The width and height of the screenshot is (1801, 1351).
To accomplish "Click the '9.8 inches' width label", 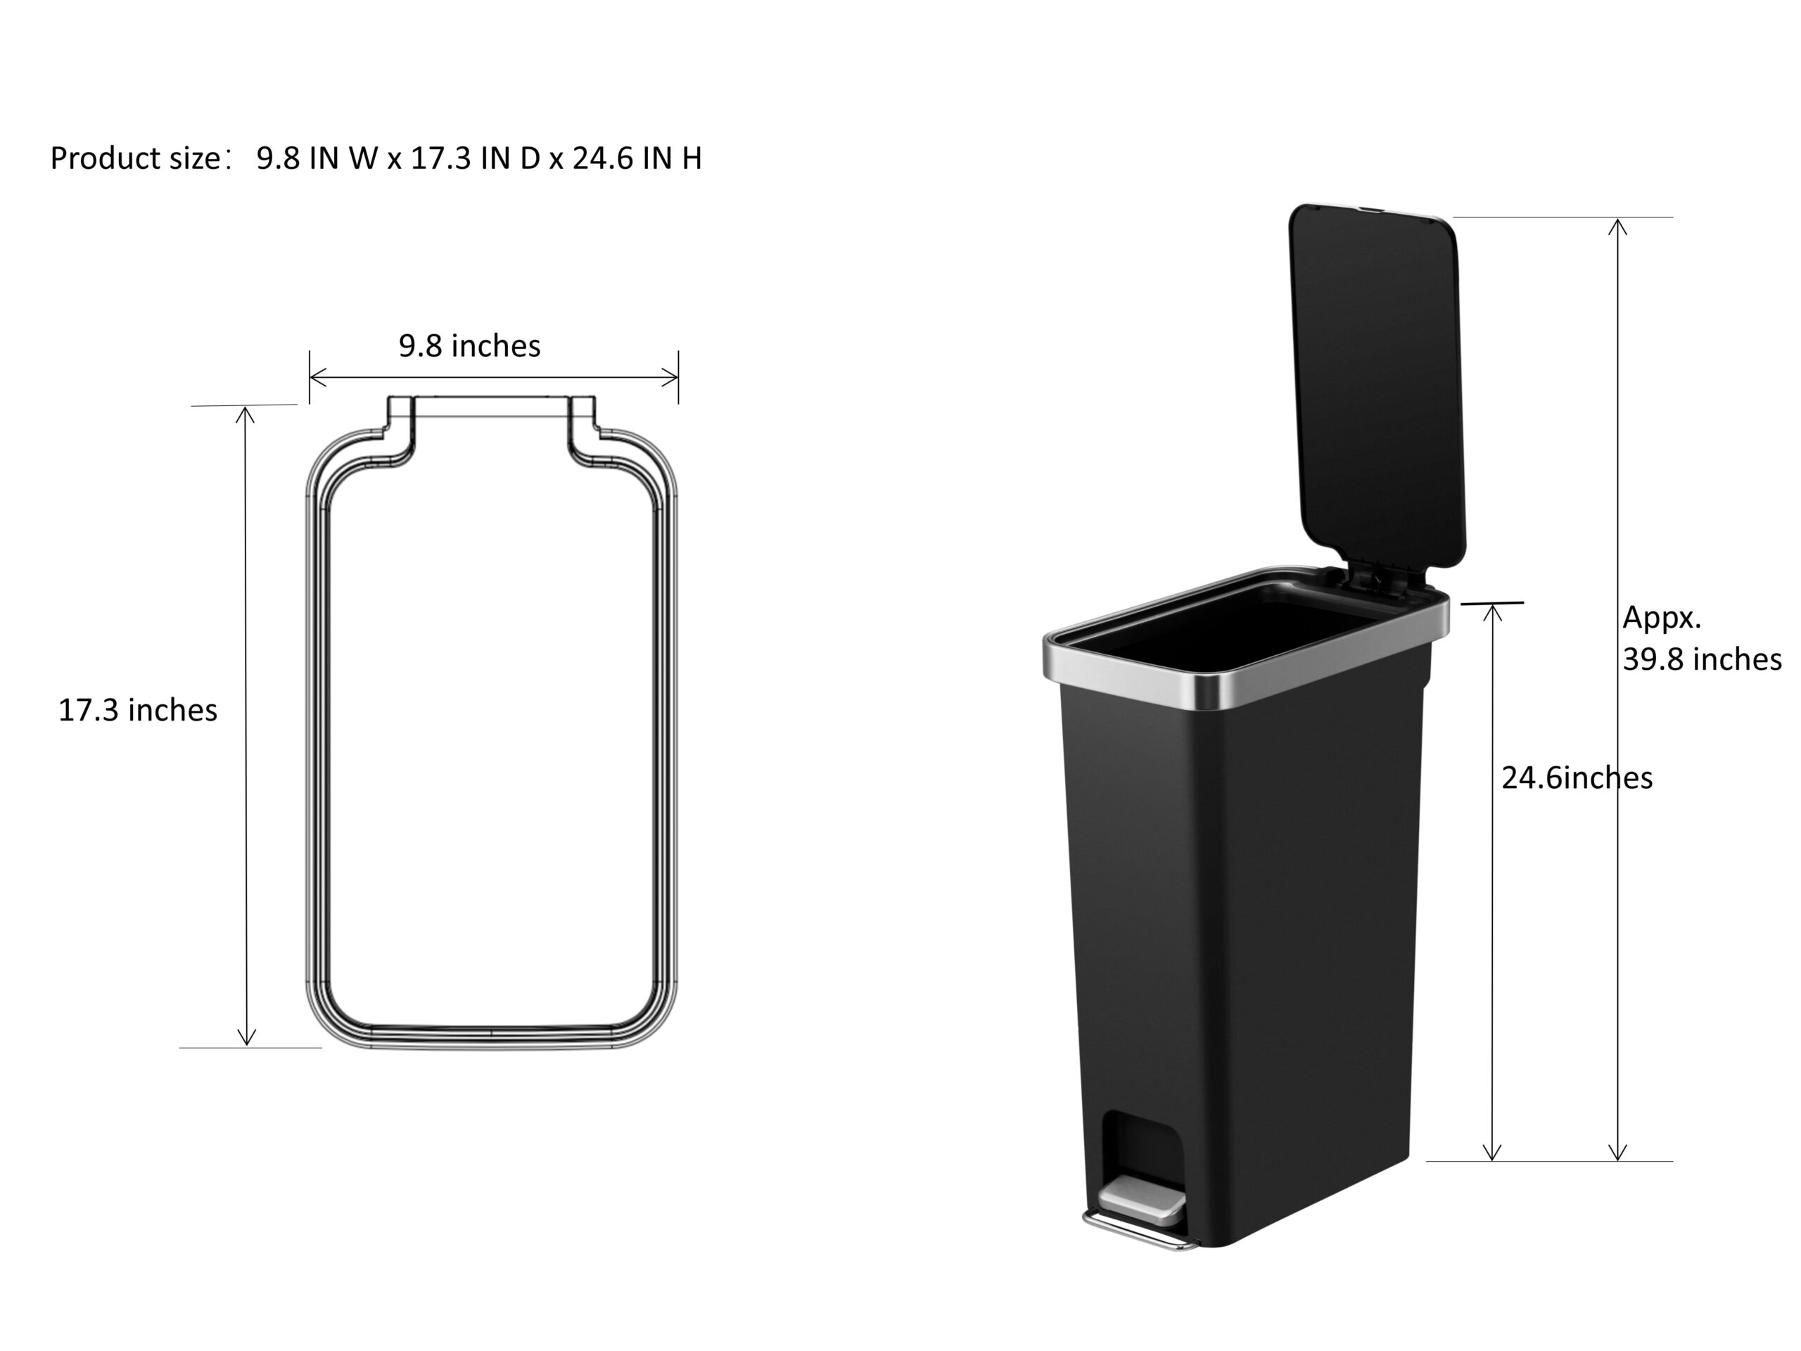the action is click(x=470, y=346).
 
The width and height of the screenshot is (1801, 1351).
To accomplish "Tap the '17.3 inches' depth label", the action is click(x=138, y=710).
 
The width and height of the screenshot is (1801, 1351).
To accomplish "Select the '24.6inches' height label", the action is click(x=1577, y=778).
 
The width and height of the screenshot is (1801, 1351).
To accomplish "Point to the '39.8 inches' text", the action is click(x=1702, y=659).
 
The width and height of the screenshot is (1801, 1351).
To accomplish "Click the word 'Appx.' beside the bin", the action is click(x=1662, y=618).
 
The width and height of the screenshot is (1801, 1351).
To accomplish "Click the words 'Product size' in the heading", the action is click(x=135, y=158).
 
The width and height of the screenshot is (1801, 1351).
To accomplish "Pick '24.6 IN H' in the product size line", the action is click(x=637, y=158).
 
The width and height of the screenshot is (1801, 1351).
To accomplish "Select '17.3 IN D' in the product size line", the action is click(x=475, y=158).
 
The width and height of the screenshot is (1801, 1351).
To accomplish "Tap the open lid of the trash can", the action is click(x=1377, y=385).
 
